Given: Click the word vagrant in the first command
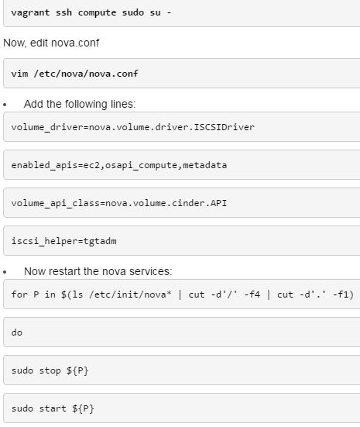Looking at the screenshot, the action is click(30, 13).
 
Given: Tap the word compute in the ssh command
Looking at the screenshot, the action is click(97, 13).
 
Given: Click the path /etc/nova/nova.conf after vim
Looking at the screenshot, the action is click(86, 74).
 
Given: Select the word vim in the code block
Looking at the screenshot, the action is click(19, 74).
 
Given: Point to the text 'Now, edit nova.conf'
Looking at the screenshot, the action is click(51, 43).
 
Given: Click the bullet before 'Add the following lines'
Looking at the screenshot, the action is click(5, 105).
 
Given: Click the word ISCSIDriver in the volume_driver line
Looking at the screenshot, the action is click(225, 127).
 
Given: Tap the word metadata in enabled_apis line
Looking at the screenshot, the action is click(205, 165).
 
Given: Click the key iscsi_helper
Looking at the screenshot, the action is click(45, 241).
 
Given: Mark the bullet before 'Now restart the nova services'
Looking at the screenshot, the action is click(5, 272).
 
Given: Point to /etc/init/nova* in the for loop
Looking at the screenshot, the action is click(130, 294).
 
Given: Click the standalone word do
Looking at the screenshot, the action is click(17, 332).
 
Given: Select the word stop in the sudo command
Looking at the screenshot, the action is click(50, 370).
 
